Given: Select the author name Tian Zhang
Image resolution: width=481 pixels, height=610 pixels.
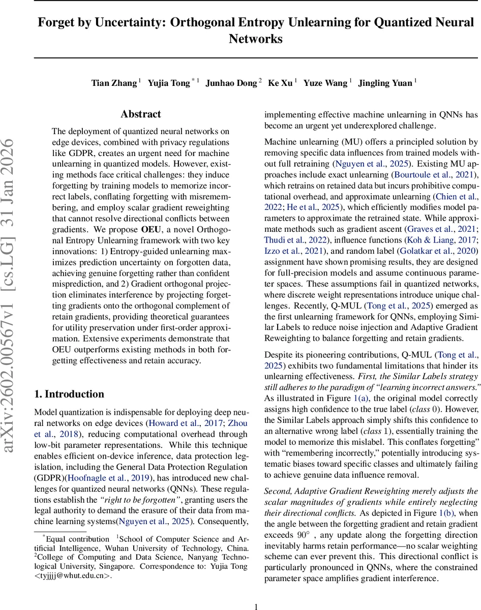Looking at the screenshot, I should (x=114, y=83).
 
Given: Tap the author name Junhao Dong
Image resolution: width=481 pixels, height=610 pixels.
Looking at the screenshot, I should (x=231, y=83).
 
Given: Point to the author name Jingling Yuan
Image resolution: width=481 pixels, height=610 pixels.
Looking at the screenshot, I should (x=385, y=83).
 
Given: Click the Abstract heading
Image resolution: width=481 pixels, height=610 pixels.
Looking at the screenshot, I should (x=141, y=114).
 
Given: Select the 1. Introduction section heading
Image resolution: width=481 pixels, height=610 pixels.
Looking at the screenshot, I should (x=69, y=394).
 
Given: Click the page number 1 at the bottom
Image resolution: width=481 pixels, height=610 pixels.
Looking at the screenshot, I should (x=256, y=606).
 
